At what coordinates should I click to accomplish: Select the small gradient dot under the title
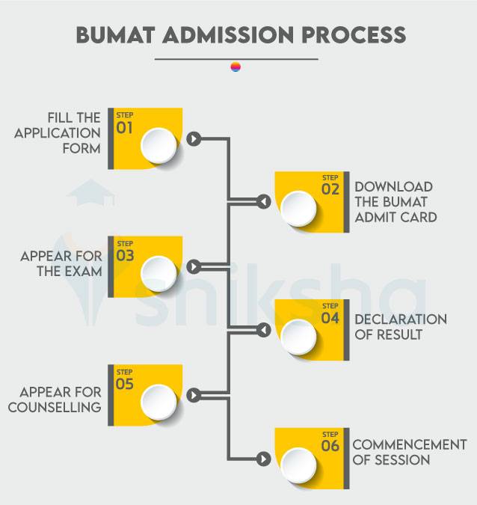(236, 67)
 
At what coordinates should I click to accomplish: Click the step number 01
(124, 127)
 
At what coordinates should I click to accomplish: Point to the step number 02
(330, 189)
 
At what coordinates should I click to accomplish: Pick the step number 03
(124, 255)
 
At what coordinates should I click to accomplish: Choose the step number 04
(330, 318)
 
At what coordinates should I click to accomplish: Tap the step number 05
(124, 384)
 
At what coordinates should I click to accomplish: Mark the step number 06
(330, 447)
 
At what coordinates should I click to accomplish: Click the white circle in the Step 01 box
(159, 144)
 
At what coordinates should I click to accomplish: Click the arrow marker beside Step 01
(194, 138)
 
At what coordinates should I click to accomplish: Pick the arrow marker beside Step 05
(194, 395)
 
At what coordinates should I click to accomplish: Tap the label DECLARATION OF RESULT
(400, 327)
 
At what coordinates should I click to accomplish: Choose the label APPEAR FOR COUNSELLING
(61, 400)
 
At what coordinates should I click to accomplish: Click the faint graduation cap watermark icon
(91, 193)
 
